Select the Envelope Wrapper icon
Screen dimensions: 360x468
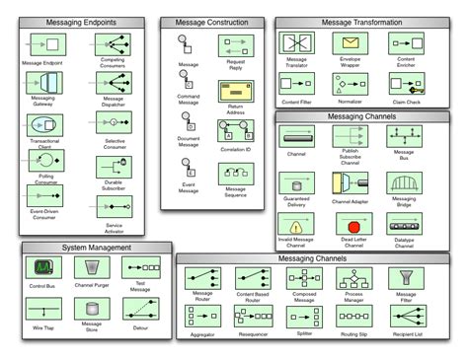pos(351,42)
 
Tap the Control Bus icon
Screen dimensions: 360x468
pos(41,268)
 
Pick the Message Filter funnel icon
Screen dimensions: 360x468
pos(406,276)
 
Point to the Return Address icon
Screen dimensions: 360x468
pos(235,91)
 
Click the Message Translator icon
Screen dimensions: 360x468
pos(296,42)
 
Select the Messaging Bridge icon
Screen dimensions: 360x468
pos(405,183)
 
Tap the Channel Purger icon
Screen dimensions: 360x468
pos(92,268)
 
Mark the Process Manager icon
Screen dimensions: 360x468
pos(352,276)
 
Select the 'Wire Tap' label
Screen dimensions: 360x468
pos(41,324)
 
